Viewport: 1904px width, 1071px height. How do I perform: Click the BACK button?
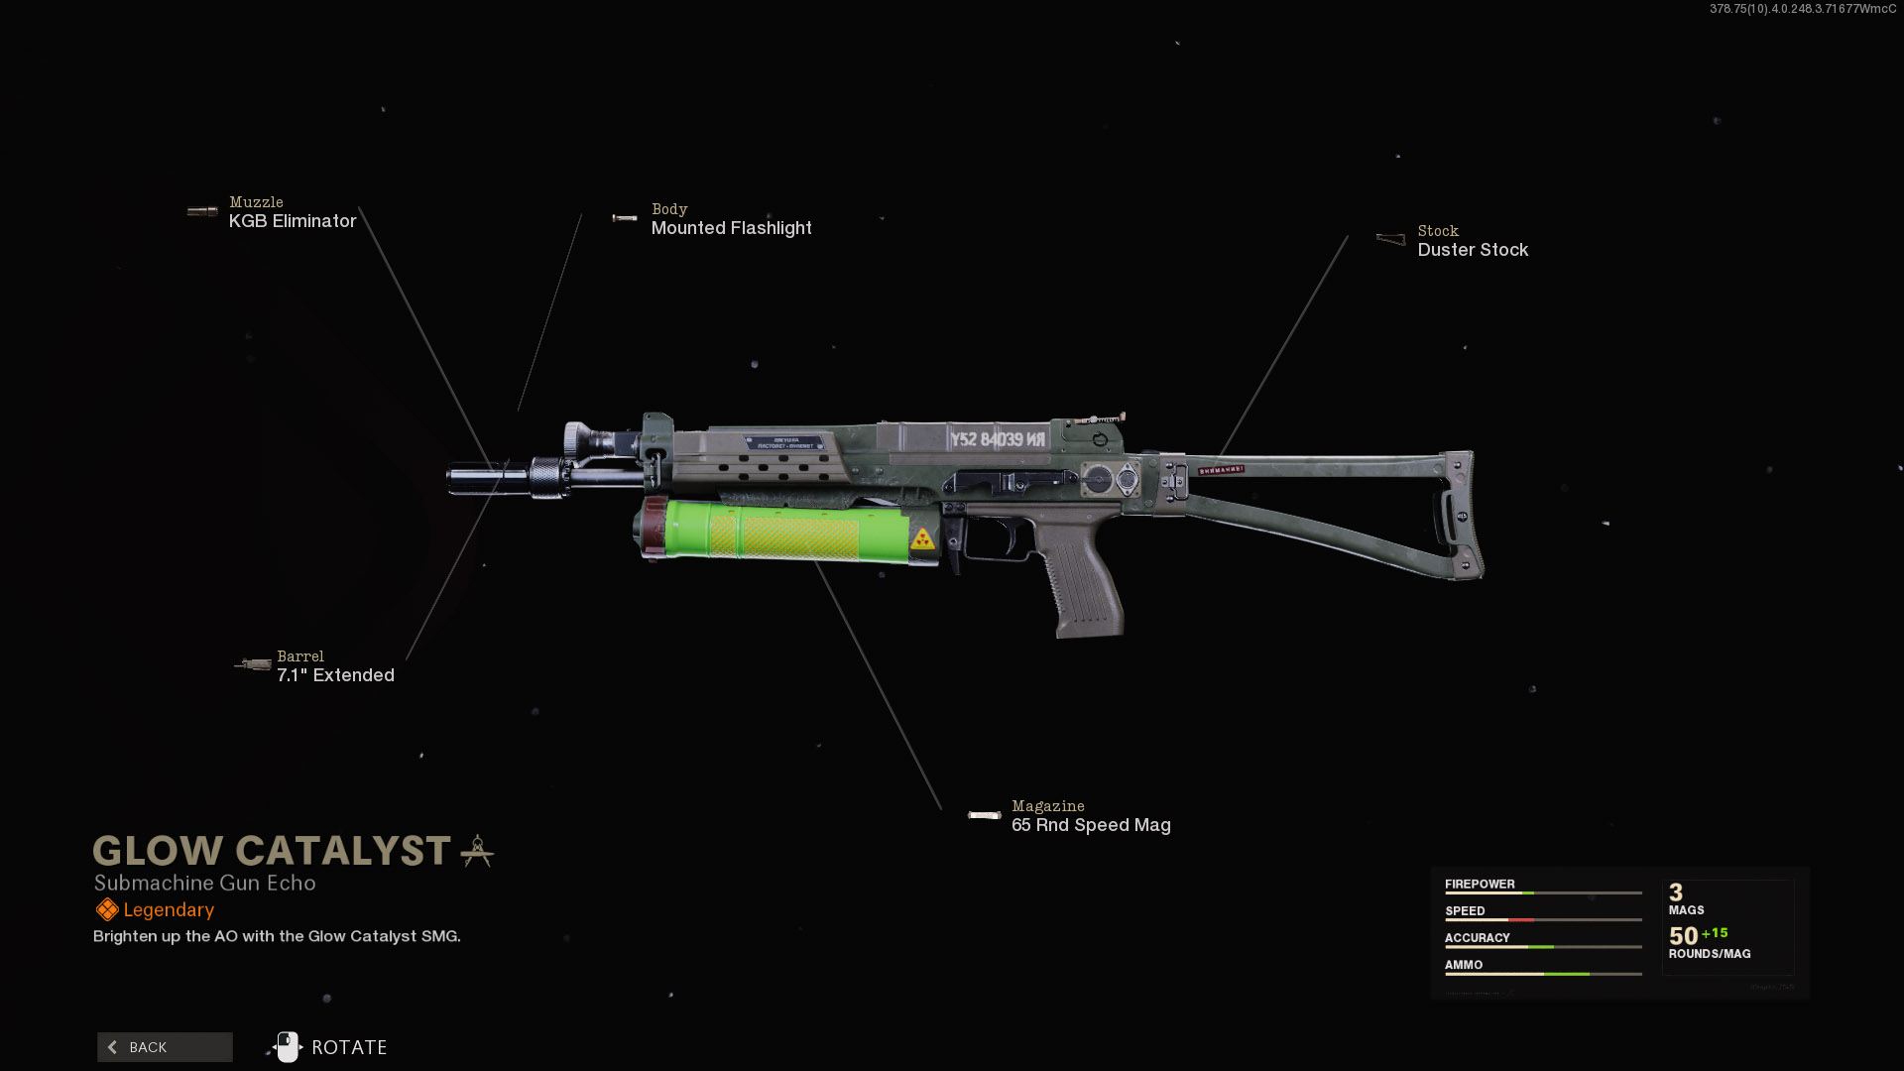click(165, 1047)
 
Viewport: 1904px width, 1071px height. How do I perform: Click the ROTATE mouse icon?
click(288, 1047)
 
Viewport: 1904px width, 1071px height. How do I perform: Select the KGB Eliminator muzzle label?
click(292, 221)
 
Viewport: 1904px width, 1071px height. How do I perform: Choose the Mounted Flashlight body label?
click(731, 228)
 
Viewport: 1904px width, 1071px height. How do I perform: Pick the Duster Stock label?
click(1472, 250)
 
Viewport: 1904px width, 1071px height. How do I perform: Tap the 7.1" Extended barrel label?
click(335, 675)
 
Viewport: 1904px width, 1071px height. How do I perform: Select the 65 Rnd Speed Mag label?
click(1090, 825)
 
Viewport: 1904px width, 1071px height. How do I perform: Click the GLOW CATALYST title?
click(272, 851)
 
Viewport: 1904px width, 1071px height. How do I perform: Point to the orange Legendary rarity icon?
click(107, 909)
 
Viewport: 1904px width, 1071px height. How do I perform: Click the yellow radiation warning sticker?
click(922, 538)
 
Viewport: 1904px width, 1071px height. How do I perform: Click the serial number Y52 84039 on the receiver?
click(996, 439)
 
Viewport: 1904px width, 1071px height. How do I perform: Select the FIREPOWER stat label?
click(1480, 884)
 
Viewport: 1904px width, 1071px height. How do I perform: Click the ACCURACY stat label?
click(1477, 937)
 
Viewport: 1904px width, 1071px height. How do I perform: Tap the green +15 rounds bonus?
click(1715, 933)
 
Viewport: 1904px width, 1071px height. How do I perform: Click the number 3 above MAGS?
click(1676, 892)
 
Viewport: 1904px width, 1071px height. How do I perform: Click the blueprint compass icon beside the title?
click(477, 851)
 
